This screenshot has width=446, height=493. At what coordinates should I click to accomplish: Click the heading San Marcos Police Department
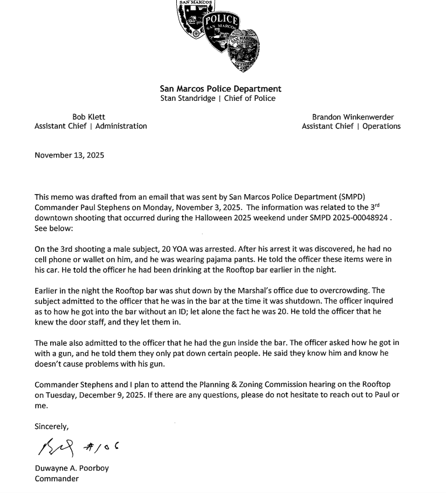(221, 89)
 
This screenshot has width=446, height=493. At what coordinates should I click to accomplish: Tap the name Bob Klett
(89, 117)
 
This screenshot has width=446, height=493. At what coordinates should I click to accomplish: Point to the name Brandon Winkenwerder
(353, 117)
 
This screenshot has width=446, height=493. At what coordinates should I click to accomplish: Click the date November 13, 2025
(69, 155)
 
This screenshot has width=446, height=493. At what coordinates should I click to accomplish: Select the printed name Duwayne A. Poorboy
(71, 468)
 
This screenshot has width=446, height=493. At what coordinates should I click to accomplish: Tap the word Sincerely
(51, 427)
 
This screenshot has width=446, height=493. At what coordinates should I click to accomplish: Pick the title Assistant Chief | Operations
(351, 126)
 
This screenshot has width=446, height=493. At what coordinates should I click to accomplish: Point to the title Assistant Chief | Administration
(90, 126)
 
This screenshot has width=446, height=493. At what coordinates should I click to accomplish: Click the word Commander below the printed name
(57, 478)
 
